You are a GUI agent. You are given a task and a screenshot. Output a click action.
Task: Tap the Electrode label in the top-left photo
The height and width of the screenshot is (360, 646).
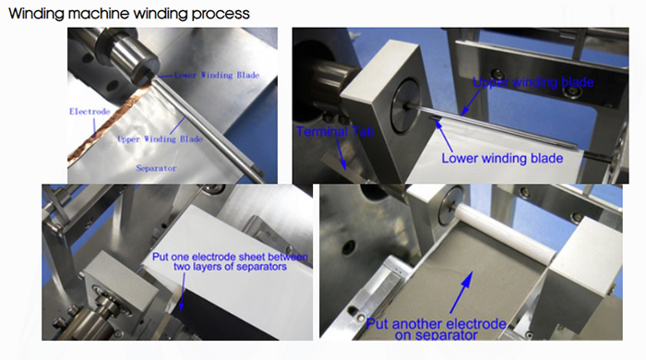click(90, 111)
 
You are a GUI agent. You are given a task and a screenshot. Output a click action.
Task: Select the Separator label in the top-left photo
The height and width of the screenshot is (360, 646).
click(157, 170)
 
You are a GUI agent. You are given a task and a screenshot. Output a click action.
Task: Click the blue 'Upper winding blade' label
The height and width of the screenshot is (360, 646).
click(532, 82)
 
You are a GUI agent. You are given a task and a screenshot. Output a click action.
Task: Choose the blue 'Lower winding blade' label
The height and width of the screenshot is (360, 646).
click(500, 158)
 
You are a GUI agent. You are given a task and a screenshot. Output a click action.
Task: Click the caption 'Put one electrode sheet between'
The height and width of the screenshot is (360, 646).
click(232, 255)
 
